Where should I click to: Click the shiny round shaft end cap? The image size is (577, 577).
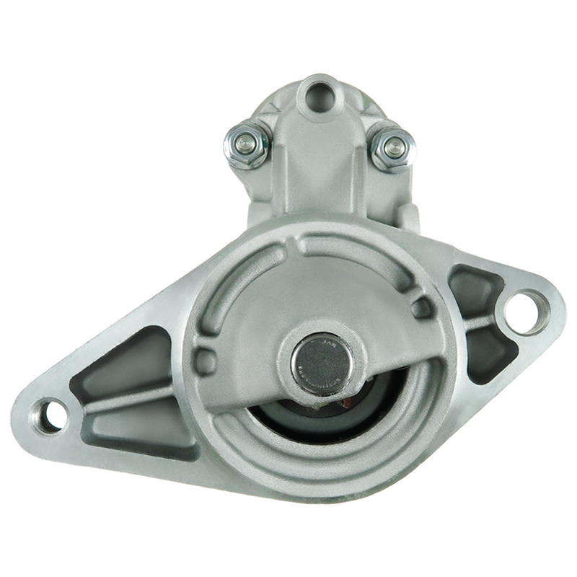pyautogui.click(x=318, y=361)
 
